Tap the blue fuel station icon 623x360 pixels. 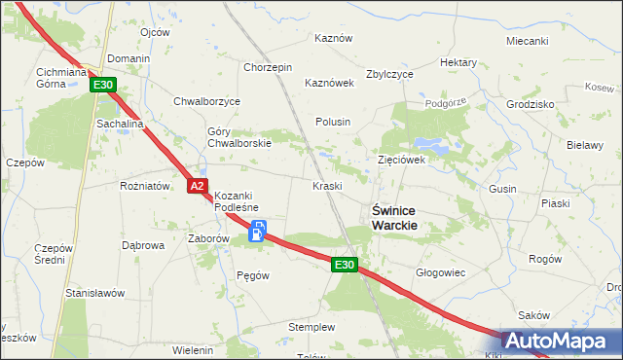[x=258, y=231]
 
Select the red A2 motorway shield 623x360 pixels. [x=196, y=185]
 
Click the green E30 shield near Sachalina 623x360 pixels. [x=104, y=86]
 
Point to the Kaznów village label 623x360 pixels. [x=332, y=38]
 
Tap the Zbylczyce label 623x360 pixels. [x=389, y=74]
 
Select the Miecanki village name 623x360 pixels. [x=528, y=41]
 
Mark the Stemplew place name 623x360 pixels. [x=311, y=327]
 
